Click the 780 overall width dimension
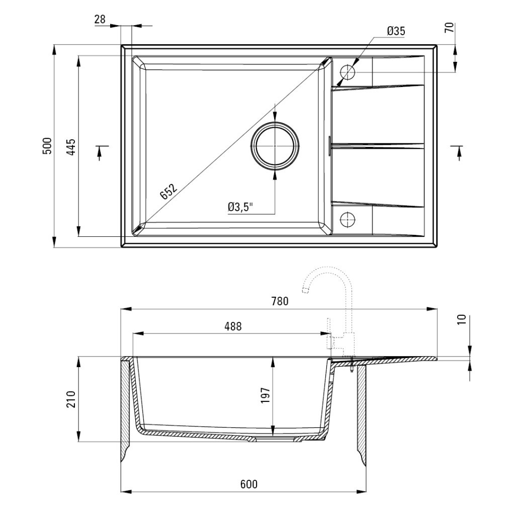[x=280, y=301]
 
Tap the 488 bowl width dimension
[x=233, y=326]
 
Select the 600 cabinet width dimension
[x=248, y=484]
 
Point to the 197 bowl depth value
[x=265, y=395]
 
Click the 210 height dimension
[x=71, y=399]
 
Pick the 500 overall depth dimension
[x=47, y=146]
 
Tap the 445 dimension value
[x=71, y=146]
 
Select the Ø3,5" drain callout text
[x=241, y=207]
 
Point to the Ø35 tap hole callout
[x=396, y=31]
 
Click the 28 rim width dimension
[x=100, y=20]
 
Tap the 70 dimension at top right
[x=449, y=27]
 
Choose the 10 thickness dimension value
[x=462, y=319]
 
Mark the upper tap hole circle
[x=347, y=72]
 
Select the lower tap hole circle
[x=347, y=219]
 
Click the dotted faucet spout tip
[x=305, y=290]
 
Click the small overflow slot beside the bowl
[x=329, y=145]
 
